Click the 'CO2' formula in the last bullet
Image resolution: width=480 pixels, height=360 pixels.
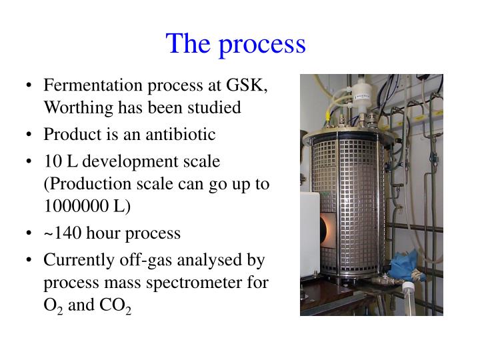pos(115,306)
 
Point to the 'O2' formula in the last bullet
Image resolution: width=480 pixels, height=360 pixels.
pos(53,306)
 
